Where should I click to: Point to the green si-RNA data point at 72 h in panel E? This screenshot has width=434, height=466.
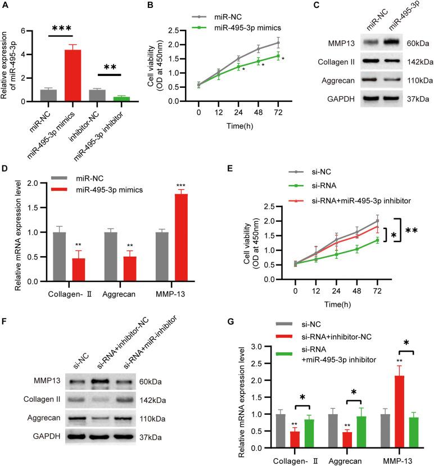(392, 240)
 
